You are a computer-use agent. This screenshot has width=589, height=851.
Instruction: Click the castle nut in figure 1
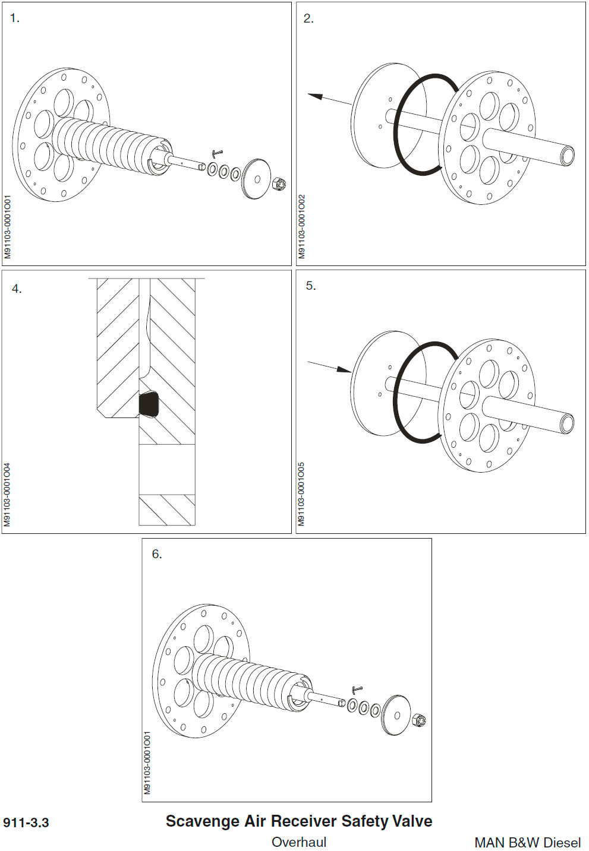coord(279,184)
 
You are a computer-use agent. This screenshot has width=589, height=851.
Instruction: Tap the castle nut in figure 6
coord(419,720)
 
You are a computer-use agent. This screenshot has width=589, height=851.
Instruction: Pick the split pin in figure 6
coord(357,689)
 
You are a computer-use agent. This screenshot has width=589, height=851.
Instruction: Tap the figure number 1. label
coord(15,18)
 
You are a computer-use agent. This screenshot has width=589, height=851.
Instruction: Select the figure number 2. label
coord(308,18)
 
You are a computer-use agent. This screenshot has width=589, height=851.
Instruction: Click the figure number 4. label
coord(17,289)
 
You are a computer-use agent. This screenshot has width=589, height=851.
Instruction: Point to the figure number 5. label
coord(310,286)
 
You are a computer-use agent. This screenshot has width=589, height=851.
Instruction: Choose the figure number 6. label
coord(156,554)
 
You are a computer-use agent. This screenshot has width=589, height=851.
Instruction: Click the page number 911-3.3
coord(26,822)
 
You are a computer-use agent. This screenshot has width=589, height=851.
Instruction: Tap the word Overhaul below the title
coord(299,842)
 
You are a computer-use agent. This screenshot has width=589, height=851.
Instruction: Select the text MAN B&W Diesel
coord(527,842)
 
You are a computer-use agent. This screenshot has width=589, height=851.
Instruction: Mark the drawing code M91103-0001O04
coord(7,495)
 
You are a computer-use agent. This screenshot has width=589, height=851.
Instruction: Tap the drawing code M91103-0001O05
coord(301,494)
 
